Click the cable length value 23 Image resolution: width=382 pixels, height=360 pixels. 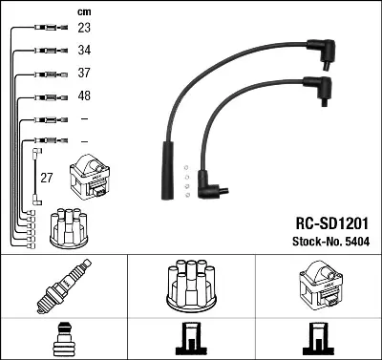[x=84, y=28]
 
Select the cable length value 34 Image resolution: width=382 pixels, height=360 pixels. [x=84, y=51]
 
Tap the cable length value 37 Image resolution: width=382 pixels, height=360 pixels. [x=84, y=73]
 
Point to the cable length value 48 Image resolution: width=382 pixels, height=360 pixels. [x=84, y=95]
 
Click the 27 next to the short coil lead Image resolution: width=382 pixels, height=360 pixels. [x=47, y=178]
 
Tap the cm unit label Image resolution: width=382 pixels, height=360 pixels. [x=84, y=12]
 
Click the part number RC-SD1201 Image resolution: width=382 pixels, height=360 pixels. [x=332, y=223]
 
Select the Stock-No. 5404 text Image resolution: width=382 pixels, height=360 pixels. [x=331, y=242]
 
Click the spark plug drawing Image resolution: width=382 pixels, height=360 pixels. [x=64, y=286]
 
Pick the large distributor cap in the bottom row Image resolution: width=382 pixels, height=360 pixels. [x=191, y=286]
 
